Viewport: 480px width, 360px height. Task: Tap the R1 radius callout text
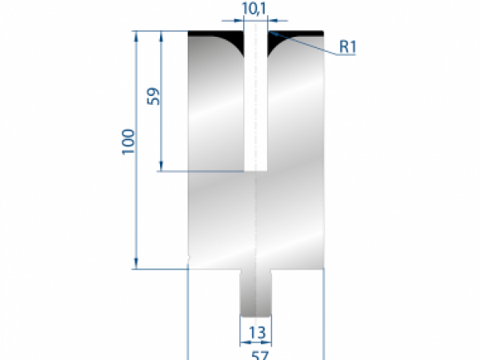tap(347, 46)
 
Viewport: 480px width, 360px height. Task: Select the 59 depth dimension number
tap(154, 97)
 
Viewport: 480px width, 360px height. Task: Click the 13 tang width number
tap(256, 331)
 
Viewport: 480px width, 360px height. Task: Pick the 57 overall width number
tap(256, 351)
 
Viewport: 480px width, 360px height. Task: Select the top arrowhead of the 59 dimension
tap(162, 36)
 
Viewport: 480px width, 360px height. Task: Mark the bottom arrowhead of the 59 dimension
tap(162, 166)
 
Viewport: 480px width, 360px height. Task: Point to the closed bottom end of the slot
tap(255, 170)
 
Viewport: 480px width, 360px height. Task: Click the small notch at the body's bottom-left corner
tap(187, 258)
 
